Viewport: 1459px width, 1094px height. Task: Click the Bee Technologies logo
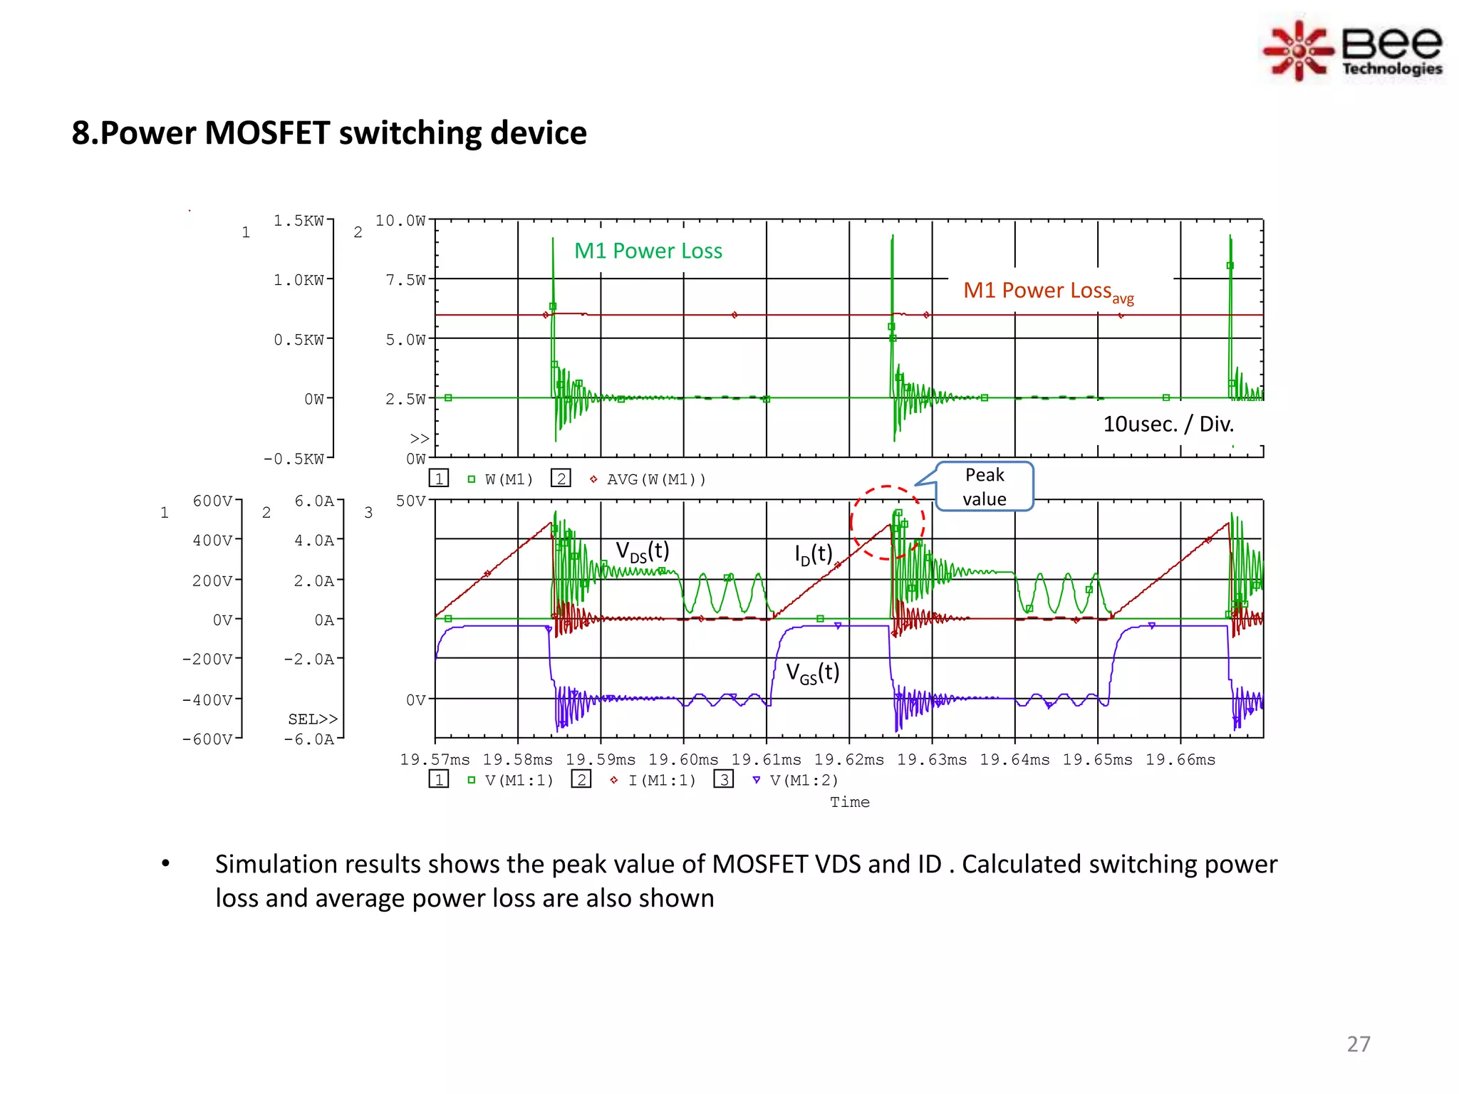[1354, 51]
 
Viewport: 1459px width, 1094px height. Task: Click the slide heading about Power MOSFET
[329, 133]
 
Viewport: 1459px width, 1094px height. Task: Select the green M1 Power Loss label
[648, 251]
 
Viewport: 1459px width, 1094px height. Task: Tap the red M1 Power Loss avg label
[1047, 291]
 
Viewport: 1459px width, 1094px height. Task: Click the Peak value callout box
[984, 486]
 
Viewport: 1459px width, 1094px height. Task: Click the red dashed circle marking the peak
[887, 523]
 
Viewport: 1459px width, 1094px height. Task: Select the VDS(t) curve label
[642, 551]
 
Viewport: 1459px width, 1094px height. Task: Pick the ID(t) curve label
[813, 553]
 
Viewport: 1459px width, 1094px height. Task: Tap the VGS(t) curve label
[812, 672]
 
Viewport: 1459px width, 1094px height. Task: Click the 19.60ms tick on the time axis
[682, 760]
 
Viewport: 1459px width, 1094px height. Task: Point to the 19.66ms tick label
[1180, 760]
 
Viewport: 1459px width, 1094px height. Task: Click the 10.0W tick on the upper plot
[400, 221]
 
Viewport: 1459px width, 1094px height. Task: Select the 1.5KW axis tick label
[298, 221]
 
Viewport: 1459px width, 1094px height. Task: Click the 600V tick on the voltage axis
[212, 501]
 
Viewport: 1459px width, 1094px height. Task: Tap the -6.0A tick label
[308, 739]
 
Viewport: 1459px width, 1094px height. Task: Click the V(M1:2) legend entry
[804, 781]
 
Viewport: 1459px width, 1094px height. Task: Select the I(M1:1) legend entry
[661, 781]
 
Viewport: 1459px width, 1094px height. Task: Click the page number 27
[1358, 1043]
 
